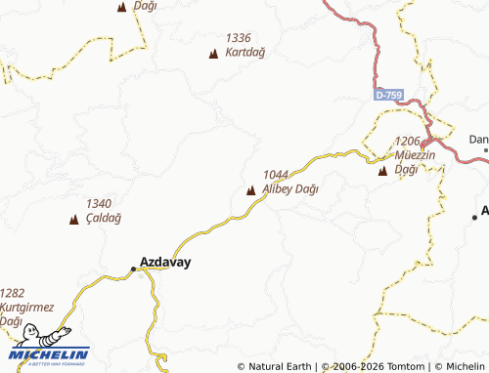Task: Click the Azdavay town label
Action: [165, 263]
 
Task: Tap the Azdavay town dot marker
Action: [134, 269]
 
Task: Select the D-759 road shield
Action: [388, 95]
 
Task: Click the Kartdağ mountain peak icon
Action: [214, 54]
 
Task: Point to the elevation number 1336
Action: [239, 38]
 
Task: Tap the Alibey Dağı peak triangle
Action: [251, 190]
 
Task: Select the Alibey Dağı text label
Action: [291, 188]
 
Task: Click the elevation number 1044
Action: [277, 175]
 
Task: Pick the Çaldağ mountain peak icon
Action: [74, 220]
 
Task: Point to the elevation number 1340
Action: [99, 203]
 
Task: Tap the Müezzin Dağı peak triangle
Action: [382, 172]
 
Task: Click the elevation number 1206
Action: [408, 142]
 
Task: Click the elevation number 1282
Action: [13, 292]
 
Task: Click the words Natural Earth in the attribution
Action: [281, 367]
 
